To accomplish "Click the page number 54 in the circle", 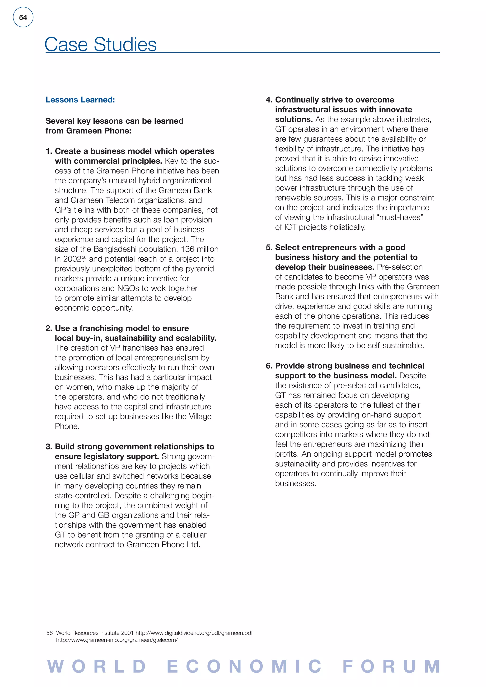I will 23,17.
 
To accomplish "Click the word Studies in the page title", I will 125,45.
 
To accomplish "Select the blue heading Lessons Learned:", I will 80,100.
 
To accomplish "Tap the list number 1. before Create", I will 49,151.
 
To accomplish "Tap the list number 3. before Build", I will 49,446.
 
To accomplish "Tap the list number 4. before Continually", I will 269,100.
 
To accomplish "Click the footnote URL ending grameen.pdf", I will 194,633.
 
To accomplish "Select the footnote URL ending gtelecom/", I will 117,640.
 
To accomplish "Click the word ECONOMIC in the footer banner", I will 244,666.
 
